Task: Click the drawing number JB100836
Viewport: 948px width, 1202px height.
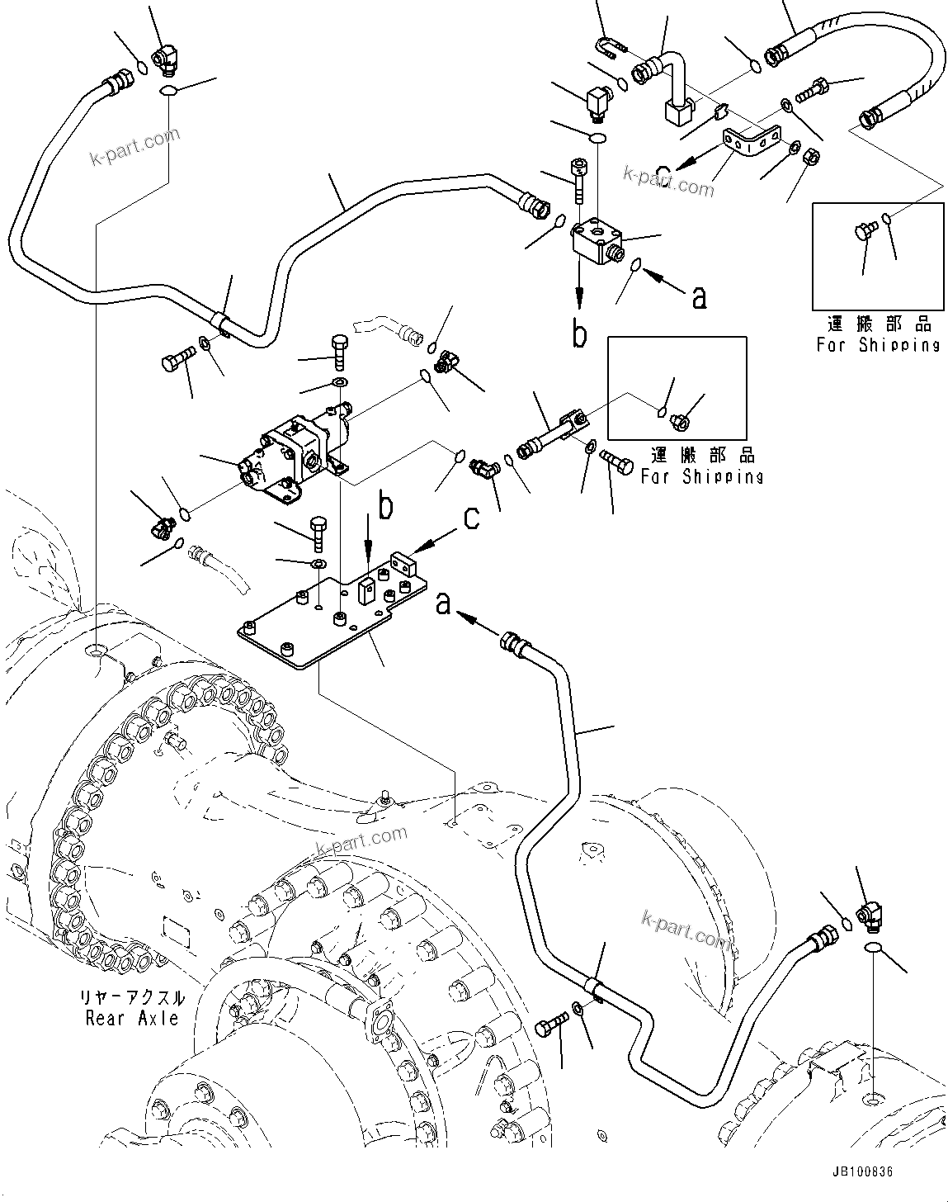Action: coord(862,1172)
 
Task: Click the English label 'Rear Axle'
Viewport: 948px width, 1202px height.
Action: coord(132,1018)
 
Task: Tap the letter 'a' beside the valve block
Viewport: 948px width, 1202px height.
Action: coord(699,298)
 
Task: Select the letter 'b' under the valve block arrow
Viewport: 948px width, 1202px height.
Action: coord(580,335)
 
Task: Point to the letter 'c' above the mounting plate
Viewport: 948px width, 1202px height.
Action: coord(470,518)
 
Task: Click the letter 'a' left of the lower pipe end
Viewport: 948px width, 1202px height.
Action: coord(443,606)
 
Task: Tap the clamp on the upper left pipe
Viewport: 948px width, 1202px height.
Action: coord(222,320)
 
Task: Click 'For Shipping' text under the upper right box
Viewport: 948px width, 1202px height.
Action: coord(878,345)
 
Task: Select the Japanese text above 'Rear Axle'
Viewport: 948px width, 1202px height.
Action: coord(132,997)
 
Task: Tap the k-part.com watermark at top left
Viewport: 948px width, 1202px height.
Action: coord(134,147)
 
